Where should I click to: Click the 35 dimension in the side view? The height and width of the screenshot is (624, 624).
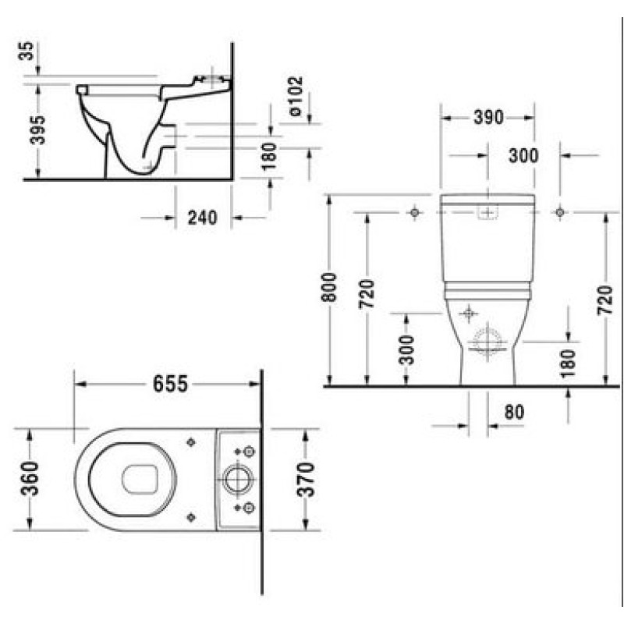[x=27, y=51]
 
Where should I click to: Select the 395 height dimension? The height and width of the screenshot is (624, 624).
[x=38, y=129]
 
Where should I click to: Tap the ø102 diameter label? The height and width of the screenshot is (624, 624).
[x=296, y=96]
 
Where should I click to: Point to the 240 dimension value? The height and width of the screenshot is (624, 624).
[x=203, y=218]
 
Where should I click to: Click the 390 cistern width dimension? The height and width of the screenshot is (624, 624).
[x=489, y=118]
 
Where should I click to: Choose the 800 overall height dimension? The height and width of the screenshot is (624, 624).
[x=329, y=287]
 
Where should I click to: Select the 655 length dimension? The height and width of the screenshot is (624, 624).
[x=170, y=384]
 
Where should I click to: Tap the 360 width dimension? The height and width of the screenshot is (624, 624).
[x=30, y=478]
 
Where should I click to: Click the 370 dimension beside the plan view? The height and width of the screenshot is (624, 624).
[x=306, y=480]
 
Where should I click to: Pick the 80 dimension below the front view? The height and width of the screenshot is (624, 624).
[x=514, y=413]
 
